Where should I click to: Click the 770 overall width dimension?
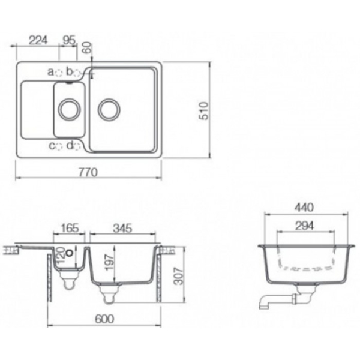tap(88, 172)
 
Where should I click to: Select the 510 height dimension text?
tap(203, 111)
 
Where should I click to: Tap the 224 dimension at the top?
tap(38, 40)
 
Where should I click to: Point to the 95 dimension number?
tap(69, 40)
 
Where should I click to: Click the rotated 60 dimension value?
tap(87, 48)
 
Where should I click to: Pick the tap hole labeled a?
tap(59, 73)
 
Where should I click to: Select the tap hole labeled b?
tap(77, 73)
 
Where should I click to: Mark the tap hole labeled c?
tap(59, 146)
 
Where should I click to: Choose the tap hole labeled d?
tap(77, 146)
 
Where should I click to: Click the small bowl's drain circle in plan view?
tap(70, 110)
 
